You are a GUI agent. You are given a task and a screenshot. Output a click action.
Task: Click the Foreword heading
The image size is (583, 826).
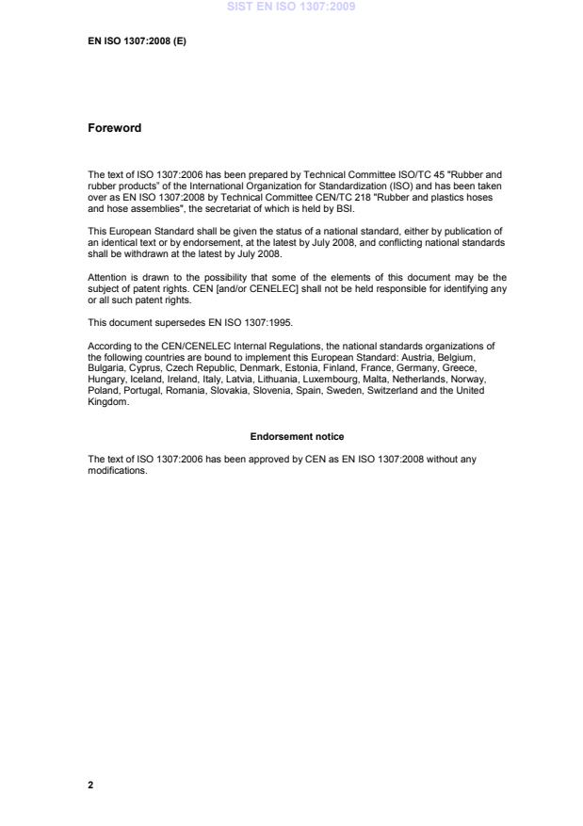pos(114,128)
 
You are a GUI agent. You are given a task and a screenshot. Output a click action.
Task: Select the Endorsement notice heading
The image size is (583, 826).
pos(297,437)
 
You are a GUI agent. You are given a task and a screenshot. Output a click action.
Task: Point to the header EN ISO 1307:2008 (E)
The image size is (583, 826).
pos(137,40)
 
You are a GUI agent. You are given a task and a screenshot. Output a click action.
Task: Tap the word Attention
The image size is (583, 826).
pos(106,278)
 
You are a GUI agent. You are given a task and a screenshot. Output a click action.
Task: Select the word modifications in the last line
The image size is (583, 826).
pos(117,470)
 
